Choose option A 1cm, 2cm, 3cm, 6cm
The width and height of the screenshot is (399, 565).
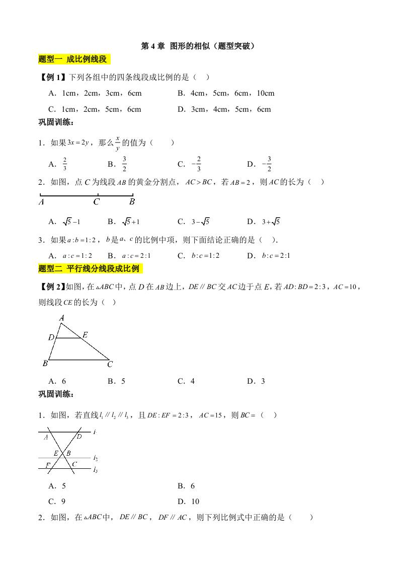(95, 93)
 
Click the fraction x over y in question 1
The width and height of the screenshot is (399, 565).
(118, 143)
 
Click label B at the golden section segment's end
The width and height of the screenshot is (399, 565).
(132, 202)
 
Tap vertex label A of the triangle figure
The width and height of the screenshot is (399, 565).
(61, 318)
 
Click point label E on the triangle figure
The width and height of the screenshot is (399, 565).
(85, 335)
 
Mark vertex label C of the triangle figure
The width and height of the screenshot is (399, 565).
(110, 364)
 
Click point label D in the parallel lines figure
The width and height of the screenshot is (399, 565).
(79, 436)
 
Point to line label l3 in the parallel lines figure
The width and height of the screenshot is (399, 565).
(95, 470)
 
